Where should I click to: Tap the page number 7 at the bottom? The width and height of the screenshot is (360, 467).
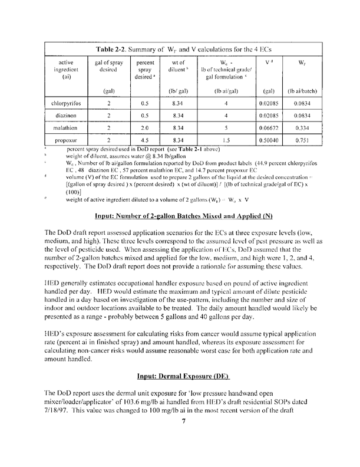point(183,452)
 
